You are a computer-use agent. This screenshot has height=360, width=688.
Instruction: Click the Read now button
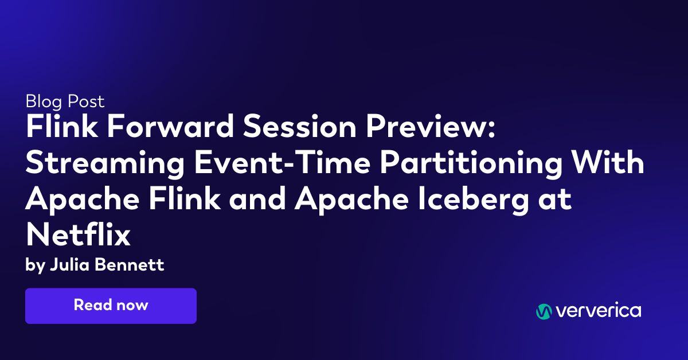pos(111,306)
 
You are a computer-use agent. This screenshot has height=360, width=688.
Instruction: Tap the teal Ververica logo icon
pos(544,311)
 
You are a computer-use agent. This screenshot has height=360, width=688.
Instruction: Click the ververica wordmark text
pos(597,311)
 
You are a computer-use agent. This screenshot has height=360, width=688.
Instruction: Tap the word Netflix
pos(78,236)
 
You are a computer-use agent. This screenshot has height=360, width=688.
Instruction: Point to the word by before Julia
pos(34,266)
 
